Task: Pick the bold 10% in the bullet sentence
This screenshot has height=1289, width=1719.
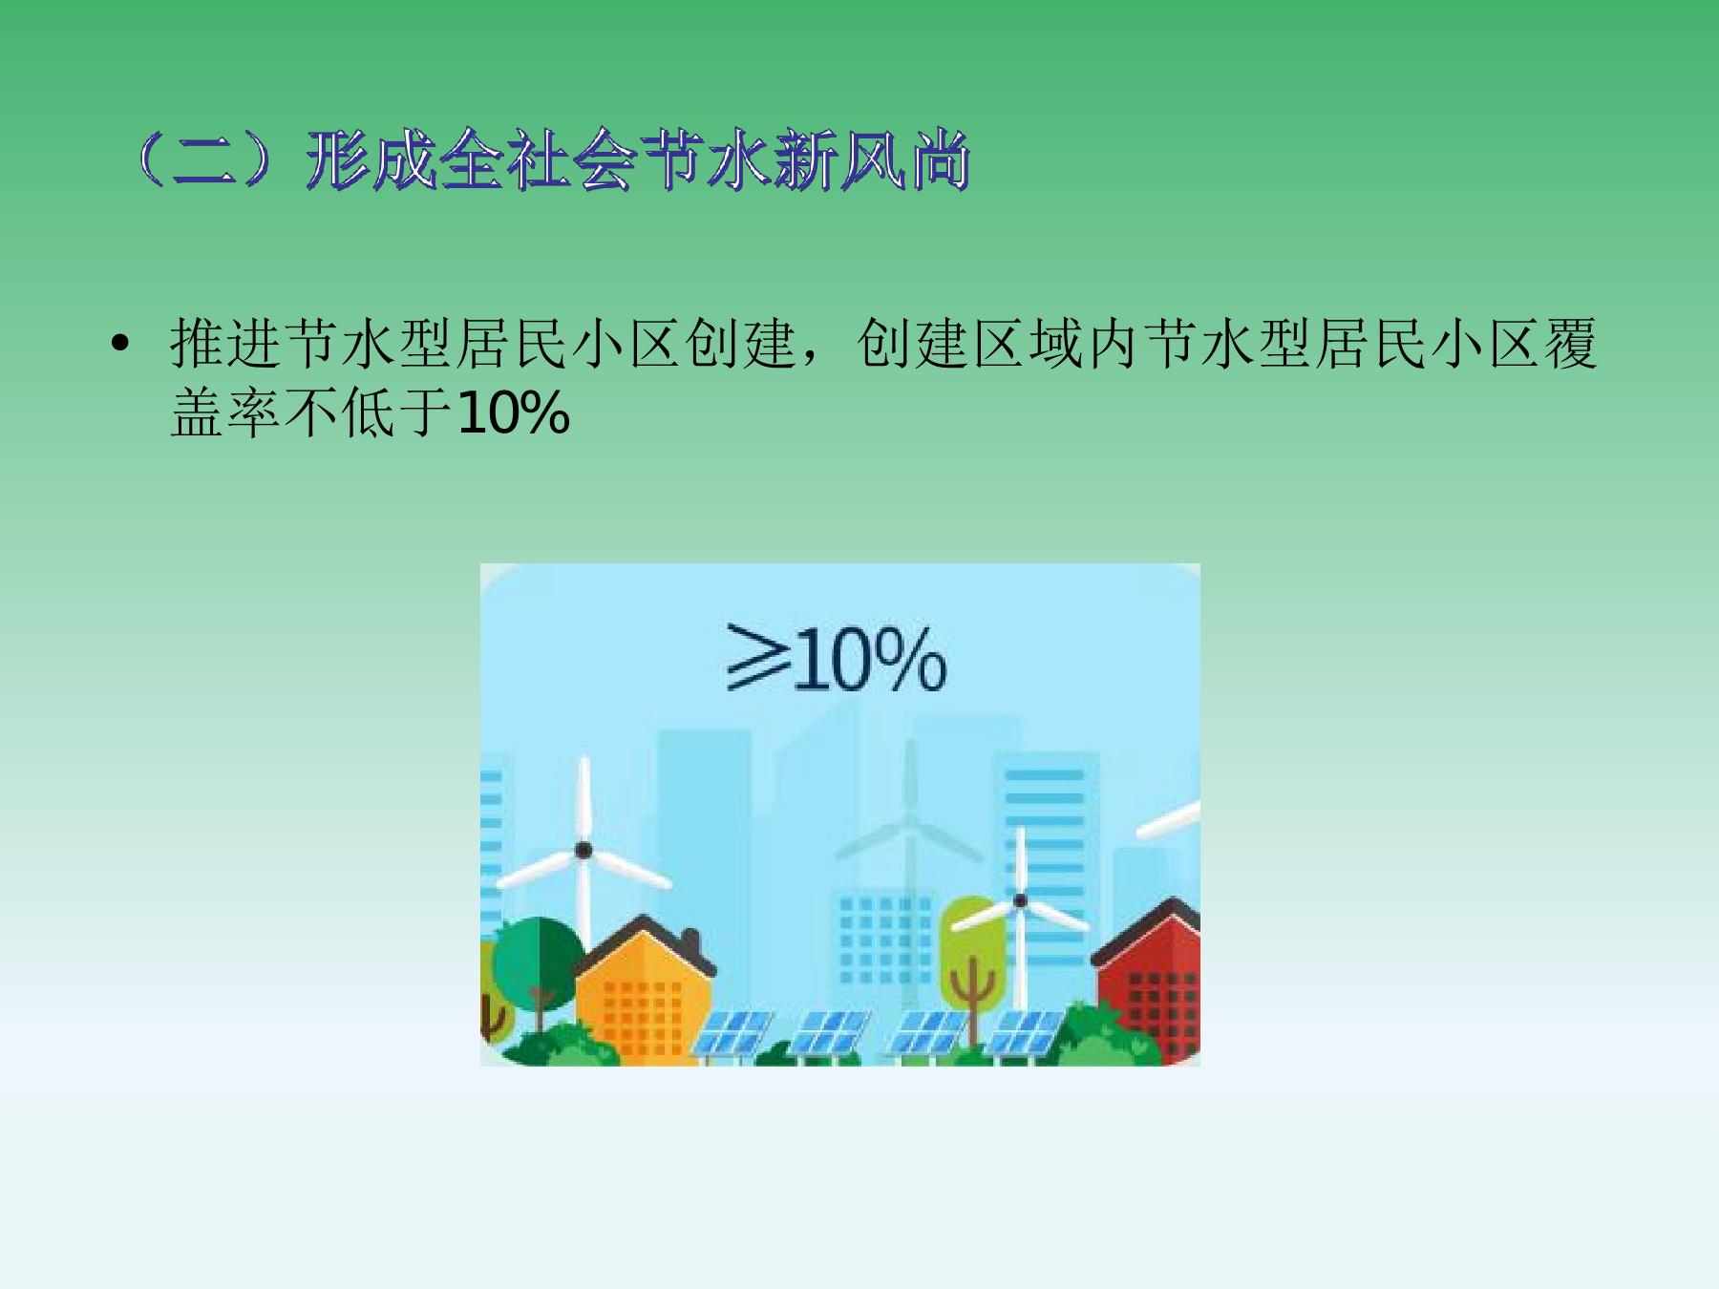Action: tap(514, 414)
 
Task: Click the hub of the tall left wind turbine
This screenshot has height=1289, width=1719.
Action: tap(583, 849)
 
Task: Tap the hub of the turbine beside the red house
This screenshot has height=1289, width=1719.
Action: tap(1020, 900)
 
